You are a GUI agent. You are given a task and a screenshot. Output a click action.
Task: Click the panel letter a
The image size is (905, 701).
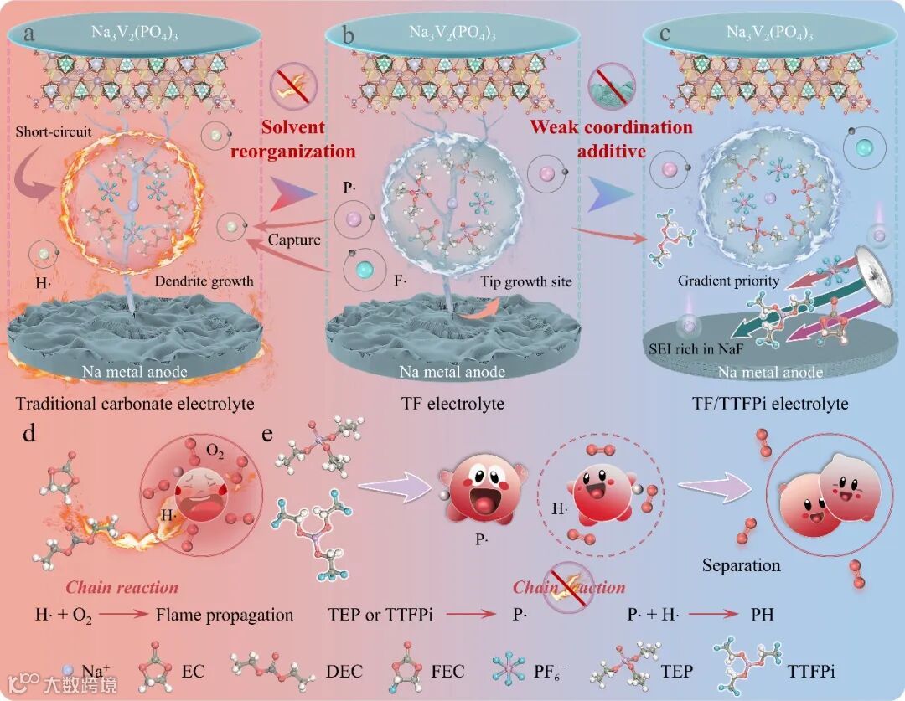pos(30,34)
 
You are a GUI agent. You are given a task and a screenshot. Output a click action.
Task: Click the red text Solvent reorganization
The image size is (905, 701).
pos(308,140)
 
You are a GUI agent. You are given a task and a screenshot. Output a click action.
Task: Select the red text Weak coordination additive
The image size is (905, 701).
pos(611,139)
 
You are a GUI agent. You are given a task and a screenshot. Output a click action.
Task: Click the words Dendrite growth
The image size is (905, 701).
pos(204,281)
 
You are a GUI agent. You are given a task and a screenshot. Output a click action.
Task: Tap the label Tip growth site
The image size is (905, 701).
pos(526,282)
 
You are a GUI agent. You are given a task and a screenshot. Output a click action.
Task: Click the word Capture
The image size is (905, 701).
pos(294,240)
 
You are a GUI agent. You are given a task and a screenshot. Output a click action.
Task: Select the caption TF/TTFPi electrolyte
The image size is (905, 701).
pos(771,404)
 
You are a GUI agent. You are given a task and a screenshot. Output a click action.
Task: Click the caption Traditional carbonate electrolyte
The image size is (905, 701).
pos(135,404)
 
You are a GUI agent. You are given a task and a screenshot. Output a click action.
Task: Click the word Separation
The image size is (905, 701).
pos(742,565)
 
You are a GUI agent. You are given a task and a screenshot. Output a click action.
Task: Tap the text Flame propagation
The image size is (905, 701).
pos(225,615)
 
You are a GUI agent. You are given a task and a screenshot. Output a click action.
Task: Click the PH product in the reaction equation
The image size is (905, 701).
pos(762,615)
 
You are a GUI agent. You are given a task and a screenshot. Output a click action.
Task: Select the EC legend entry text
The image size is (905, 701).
pos(193,671)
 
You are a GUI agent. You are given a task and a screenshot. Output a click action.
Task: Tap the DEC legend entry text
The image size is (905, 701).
pos(344,671)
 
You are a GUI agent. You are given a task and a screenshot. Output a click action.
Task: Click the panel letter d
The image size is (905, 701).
pos(29,436)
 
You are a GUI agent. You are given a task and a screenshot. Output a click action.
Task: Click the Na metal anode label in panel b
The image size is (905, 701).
pos(453,372)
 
